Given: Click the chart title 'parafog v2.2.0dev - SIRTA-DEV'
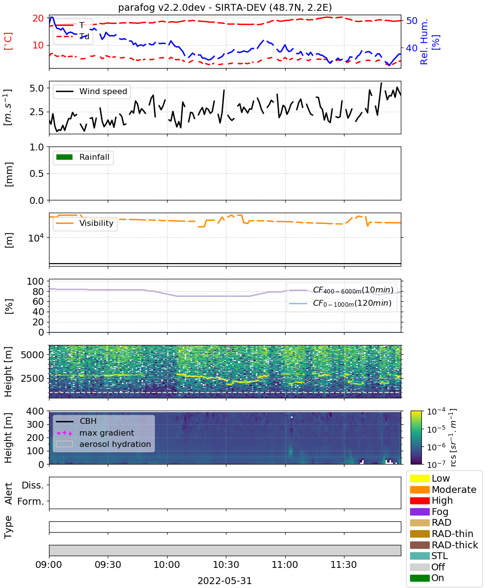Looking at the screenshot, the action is (x=192, y=7).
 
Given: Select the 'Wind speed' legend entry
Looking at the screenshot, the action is (x=92, y=91).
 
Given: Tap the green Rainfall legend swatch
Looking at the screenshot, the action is (x=65, y=157).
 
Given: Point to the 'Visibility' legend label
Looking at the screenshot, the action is (x=97, y=223).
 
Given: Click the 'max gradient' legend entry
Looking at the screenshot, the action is (x=95, y=433).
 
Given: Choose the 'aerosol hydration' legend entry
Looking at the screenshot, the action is (x=103, y=444).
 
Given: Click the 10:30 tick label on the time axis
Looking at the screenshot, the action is (x=226, y=564).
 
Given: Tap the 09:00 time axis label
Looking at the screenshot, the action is (x=49, y=564).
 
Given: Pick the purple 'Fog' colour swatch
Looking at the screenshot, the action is (x=419, y=512).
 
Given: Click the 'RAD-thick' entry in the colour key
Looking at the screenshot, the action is (x=444, y=544).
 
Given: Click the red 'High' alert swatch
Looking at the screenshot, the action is (x=419, y=500).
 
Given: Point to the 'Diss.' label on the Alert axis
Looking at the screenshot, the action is (x=33, y=485).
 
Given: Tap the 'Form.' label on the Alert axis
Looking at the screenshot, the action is (x=30, y=501).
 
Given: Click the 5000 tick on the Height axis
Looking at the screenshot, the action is (x=32, y=355).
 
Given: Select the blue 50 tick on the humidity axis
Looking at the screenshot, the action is (x=412, y=21).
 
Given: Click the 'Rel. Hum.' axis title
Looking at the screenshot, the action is (x=424, y=42).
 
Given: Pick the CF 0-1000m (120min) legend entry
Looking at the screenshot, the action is (x=340, y=303).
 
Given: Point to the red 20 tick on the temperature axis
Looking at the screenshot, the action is (x=38, y=18).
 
